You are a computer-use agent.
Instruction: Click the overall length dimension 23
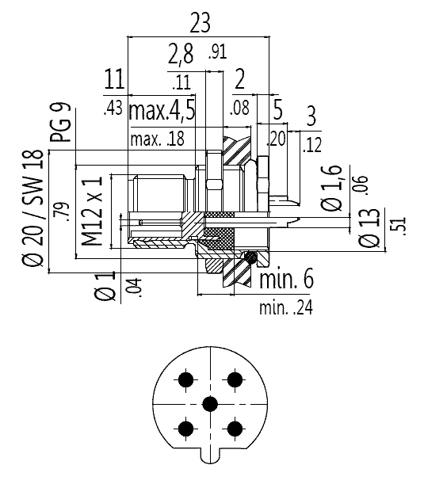200,22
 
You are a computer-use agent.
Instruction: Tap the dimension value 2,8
181,55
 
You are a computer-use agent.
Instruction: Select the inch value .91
218,51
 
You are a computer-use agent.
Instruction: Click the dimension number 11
114,79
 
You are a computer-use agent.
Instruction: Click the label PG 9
61,123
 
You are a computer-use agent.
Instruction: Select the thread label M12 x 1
92,212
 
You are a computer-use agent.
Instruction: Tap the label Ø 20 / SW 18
33,208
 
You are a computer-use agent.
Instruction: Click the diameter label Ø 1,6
331,188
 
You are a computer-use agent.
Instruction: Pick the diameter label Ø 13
369,228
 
